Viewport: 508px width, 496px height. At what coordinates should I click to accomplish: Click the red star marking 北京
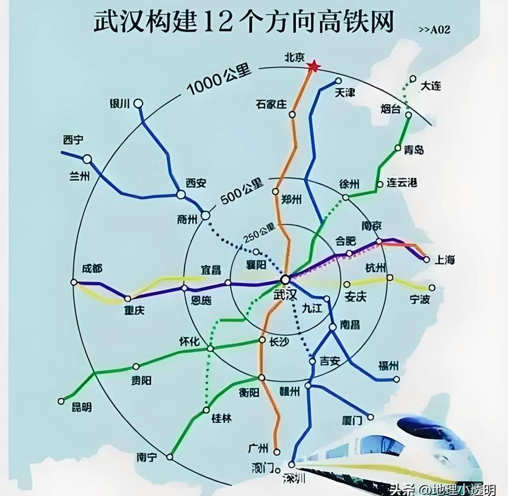click(x=314, y=66)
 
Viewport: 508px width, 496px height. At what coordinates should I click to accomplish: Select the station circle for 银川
click(x=139, y=104)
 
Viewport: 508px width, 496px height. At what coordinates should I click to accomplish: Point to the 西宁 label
click(x=73, y=140)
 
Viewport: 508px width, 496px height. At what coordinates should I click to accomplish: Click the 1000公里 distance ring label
click(x=218, y=81)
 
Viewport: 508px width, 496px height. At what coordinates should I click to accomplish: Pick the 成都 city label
click(x=92, y=269)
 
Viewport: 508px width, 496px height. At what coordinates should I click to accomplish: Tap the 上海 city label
click(x=445, y=260)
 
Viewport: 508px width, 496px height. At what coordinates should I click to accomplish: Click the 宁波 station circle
click(x=432, y=287)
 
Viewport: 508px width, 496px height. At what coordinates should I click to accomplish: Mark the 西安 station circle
click(x=180, y=195)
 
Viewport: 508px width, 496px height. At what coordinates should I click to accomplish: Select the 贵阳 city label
click(x=141, y=381)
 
